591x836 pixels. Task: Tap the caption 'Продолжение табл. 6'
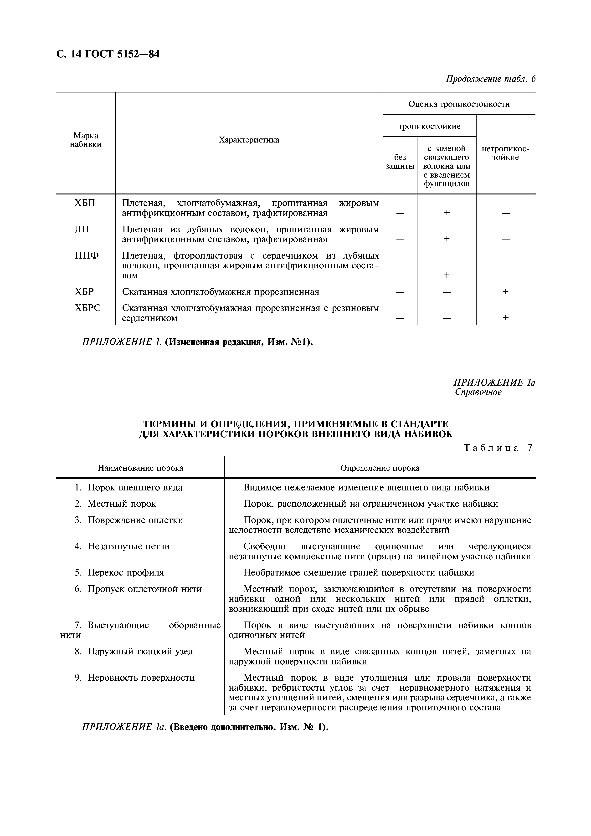[491, 79]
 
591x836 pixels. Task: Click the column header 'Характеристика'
[249, 140]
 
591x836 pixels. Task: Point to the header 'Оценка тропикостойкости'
[459, 104]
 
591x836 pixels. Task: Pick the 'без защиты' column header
[400, 162]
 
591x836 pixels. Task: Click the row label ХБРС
[87, 308]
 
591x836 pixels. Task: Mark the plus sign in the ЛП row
[447, 239]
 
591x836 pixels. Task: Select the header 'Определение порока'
[380, 468]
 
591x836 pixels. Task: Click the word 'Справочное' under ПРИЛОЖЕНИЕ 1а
[478, 392]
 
